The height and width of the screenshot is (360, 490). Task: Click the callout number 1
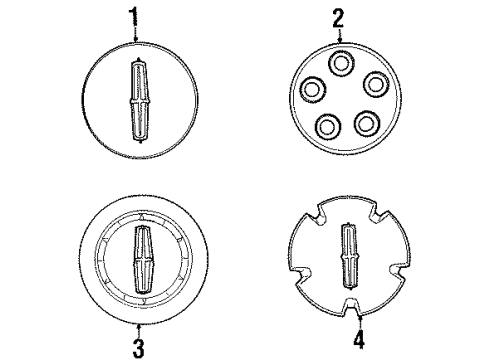tap(134, 16)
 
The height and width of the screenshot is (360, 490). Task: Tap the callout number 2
tap(338, 19)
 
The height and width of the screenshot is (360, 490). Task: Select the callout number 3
tap(138, 349)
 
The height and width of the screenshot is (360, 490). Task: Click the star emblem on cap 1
tap(140, 100)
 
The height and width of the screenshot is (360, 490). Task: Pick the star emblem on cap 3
tap(144, 260)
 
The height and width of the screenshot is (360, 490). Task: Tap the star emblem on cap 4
tap(349, 256)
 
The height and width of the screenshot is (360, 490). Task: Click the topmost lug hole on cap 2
tap(341, 63)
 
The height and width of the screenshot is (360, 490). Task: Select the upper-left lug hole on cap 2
tap(313, 89)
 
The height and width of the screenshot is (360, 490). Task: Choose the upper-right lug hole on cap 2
tap(376, 84)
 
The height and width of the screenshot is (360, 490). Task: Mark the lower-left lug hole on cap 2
tap(328, 126)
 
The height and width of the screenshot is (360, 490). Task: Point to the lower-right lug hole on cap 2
tap(367, 123)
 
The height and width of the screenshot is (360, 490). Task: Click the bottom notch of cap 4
tap(352, 305)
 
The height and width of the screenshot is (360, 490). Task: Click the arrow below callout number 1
tap(135, 34)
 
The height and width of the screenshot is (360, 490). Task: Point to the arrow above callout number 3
tap(139, 331)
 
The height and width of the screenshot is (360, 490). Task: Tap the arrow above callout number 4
tap(360, 322)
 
